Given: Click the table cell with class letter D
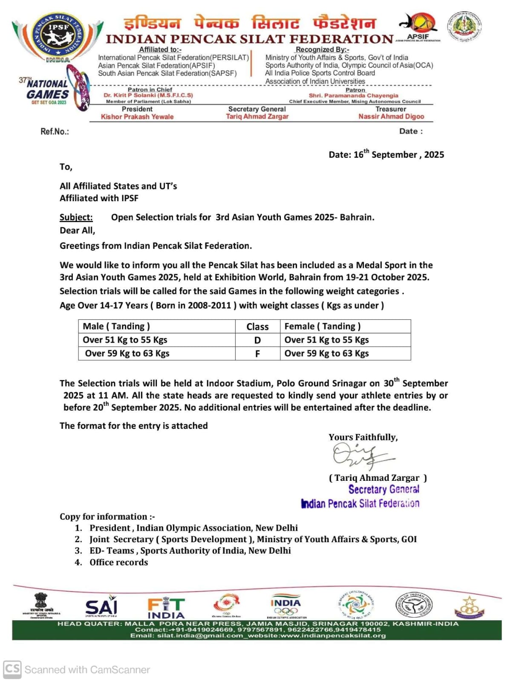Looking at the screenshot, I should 257,340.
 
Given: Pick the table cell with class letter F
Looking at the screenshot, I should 257,354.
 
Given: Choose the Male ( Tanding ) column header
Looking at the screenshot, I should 116,327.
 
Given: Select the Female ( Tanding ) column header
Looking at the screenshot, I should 322,327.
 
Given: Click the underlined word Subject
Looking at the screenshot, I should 76,217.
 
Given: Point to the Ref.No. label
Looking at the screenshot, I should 55,132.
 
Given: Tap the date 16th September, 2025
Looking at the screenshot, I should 386,154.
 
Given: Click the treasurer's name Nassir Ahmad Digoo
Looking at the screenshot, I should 391,116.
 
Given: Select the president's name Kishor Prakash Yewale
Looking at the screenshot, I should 137,117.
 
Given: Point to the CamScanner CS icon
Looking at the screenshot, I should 12,669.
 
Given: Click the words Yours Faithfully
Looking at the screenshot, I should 363,437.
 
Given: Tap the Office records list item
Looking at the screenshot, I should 118,562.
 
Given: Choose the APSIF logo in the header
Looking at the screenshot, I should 418,27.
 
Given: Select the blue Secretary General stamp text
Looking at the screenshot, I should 384,489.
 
